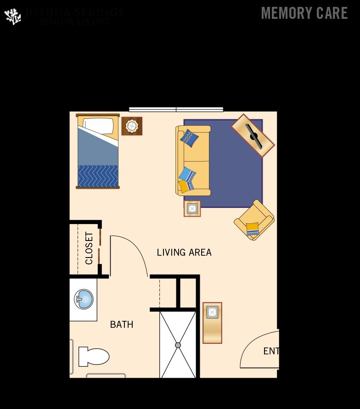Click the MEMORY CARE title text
pos(304,13)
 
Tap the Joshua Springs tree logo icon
pos(13,17)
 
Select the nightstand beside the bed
pos(132,126)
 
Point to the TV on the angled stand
pos(253,136)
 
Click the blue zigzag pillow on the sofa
pos(189,138)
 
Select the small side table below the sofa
pos(192,208)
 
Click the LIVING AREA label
pos(184,252)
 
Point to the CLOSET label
pos(89,248)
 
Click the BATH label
pos(122,325)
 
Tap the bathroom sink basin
pos(84,299)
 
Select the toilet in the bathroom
pos(94,357)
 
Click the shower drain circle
pos(178,345)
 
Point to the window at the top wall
pos(176,110)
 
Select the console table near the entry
pos(212,323)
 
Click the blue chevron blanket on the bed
pos(98,176)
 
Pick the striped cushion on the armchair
pos(252,229)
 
